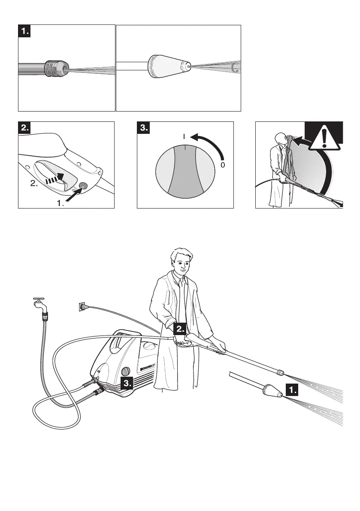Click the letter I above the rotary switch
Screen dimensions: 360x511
pyautogui.click(x=184, y=137)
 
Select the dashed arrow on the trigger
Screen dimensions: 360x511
pyautogui.click(x=54, y=179)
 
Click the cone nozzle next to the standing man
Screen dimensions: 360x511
pyautogui.click(x=270, y=390)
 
